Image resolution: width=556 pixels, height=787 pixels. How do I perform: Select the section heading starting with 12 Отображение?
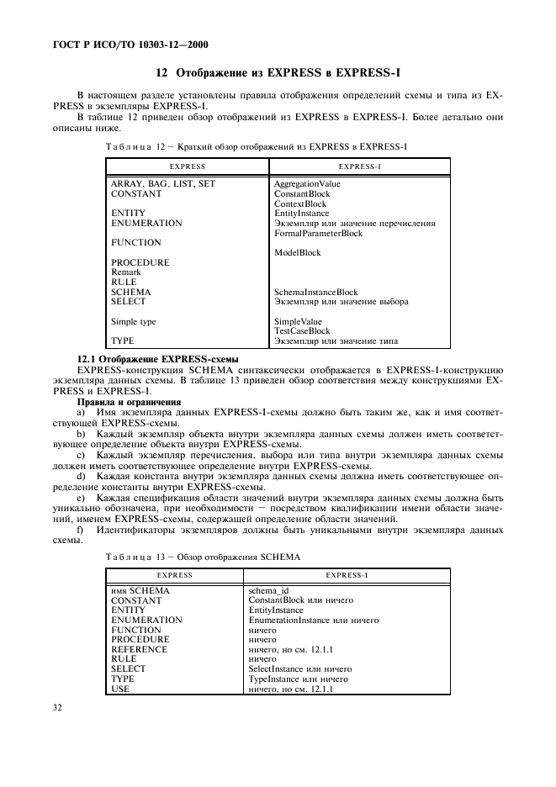(x=277, y=73)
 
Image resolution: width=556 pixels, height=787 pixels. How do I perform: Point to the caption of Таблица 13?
(x=203, y=557)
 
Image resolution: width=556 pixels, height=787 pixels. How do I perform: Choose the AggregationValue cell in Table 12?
(x=307, y=183)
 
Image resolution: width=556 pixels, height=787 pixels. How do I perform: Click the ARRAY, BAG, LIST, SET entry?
(x=163, y=183)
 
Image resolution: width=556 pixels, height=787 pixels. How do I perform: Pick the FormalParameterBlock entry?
(x=318, y=234)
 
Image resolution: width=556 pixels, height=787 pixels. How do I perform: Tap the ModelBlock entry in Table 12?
(x=297, y=253)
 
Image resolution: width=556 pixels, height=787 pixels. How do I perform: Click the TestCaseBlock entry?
(x=302, y=331)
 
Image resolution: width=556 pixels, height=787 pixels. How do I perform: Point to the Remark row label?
(x=126, y=272)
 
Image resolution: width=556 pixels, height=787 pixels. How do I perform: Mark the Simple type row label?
(x=134, y=321)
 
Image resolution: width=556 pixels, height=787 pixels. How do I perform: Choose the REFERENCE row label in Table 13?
(x=140, y=649)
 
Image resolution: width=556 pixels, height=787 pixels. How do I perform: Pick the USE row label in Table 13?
(x=120, y=689)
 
